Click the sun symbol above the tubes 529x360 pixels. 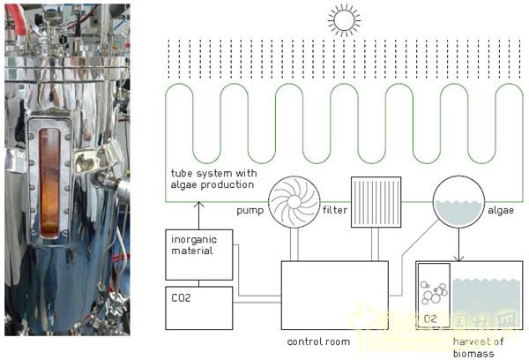click(x=343, y=19)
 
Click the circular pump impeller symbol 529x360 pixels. click(x=294, y=202)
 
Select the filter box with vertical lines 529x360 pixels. click(x=376, y=202)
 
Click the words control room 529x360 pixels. click(x=318, y=341)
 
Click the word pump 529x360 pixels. click(x=250, y=213)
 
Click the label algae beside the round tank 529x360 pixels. click(x=500, y=213)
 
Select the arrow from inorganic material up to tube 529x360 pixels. click(x=197, y=215)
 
